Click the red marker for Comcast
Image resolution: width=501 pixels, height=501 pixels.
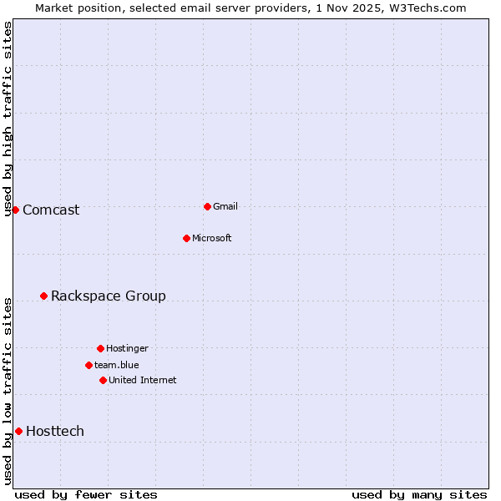pos(15,210)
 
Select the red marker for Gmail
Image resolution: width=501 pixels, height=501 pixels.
pos(207,206)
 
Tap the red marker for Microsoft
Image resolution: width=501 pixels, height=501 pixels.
pos(186,238)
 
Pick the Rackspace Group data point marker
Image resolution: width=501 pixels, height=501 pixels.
pos(43,296)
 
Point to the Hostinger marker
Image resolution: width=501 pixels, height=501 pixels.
pos(100,348)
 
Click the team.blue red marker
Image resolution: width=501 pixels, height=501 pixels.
pos(89,365)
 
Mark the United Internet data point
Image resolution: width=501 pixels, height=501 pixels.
pos(103,380)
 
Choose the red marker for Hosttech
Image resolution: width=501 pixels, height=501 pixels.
pos(18,431)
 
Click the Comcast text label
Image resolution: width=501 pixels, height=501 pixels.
pos(51,210)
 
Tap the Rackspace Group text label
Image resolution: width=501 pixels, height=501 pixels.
pos(109,296)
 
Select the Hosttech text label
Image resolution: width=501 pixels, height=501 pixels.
pos(55,432)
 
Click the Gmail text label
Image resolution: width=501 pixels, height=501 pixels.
pos(225,207)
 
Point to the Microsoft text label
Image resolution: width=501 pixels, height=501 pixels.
pos(212,239)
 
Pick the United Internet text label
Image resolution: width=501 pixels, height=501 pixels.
pos(143,381)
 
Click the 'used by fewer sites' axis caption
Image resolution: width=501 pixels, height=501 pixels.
pos(86,494)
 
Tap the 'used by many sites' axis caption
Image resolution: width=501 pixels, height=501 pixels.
pos(419,494)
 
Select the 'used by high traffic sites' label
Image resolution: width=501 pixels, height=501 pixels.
pos(8,119)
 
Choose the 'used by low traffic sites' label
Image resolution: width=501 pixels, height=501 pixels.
pos(8,391)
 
